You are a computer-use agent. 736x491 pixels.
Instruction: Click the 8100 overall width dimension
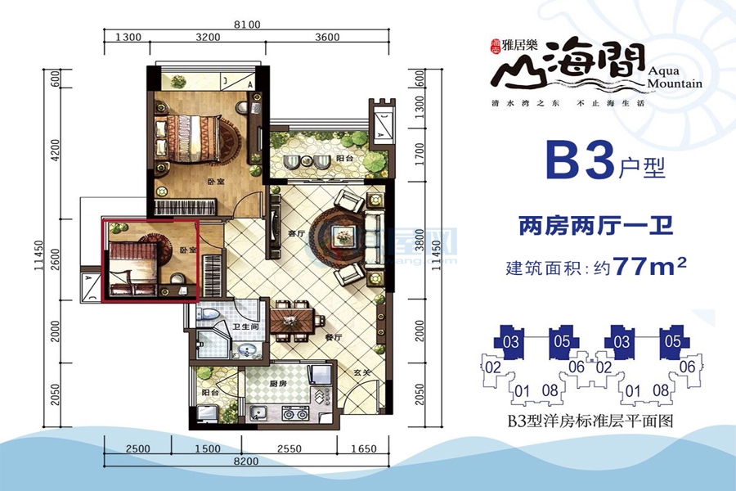[x=246, y=25]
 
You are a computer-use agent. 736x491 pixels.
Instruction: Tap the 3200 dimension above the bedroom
[x=209, y=38]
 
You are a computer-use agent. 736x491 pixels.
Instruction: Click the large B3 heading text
[x=580, y=161]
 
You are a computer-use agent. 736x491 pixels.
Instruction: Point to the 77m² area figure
[x=650, y=268]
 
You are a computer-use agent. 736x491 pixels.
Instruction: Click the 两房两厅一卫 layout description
[x=596, y=225]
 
